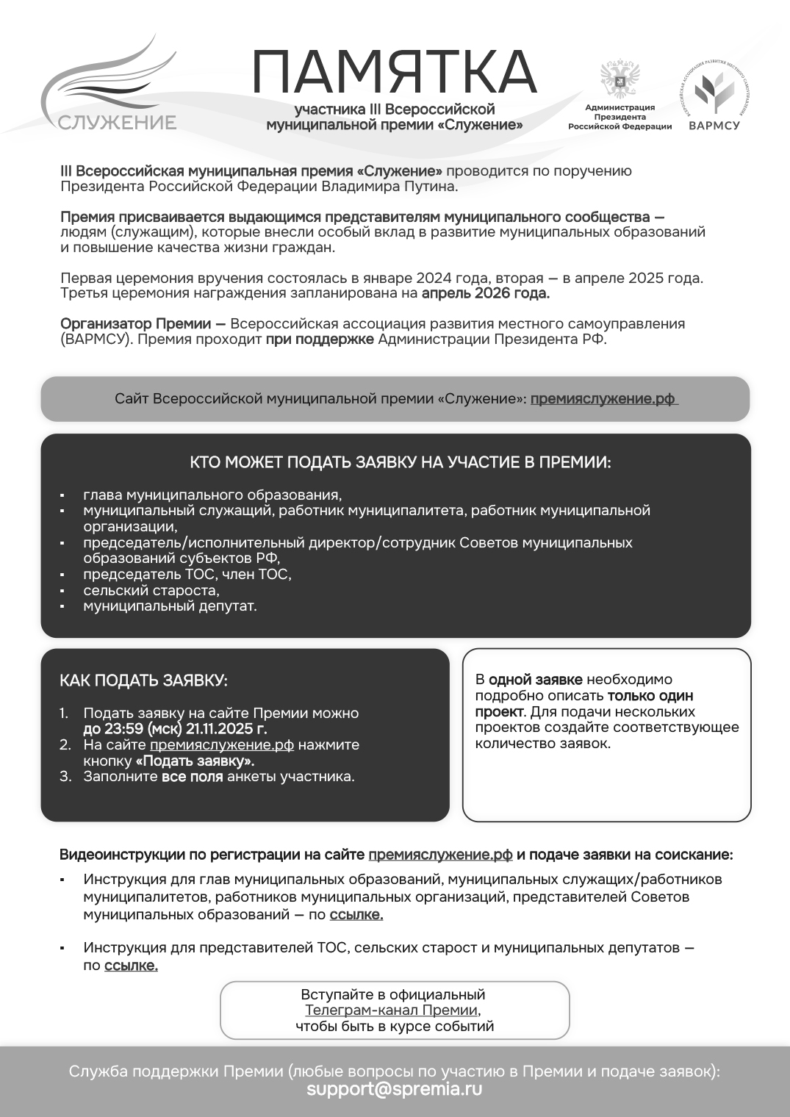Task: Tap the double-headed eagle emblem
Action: (x=620, y=79)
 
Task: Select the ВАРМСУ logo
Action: (x=714, y=96)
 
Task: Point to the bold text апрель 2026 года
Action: (x=485, y=293)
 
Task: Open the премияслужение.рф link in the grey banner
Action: (x=603, y=399)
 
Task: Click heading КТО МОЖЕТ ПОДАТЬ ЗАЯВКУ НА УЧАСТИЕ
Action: (x=401, y=463)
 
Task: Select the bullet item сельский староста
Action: (x=151, y=590)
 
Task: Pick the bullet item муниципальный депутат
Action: (x=170, y=606)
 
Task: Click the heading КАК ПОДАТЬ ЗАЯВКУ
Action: (x=143, y=680)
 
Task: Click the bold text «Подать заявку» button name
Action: (x=195, y=761)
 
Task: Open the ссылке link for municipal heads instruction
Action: (x=356, y=915)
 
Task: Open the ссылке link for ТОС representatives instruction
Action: (x=131, y=966)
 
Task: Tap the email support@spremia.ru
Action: (x=395, y=1089)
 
